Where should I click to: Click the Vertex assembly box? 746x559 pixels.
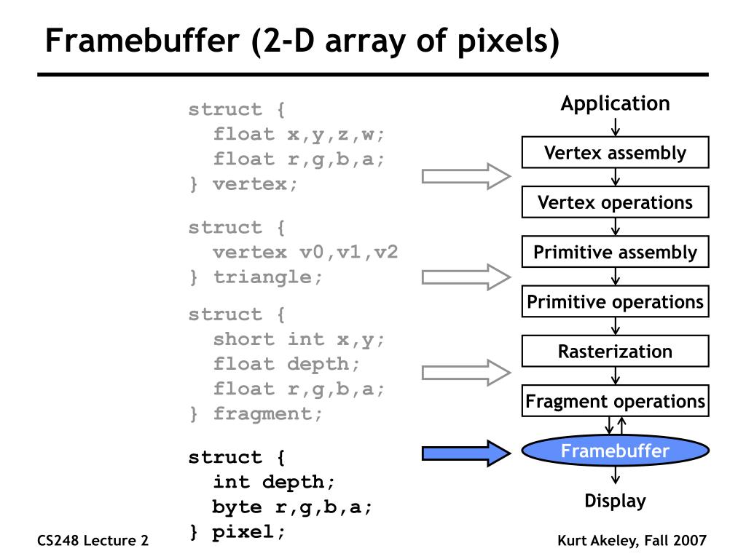tap(615, 153)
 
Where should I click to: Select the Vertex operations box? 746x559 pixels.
tap(615, 202)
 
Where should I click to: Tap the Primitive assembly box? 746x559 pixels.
tap(615, 253)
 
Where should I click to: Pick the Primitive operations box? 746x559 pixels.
tap(615, 301)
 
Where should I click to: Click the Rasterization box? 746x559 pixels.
tap(615, 352)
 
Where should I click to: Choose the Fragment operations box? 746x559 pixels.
tap(615, 401)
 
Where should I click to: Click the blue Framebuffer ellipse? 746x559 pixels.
tap(615, 451)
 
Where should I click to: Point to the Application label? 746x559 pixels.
tap(615, 104)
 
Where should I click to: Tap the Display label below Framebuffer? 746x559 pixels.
tap(615, 501)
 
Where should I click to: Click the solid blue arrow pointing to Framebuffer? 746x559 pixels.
tap(466, 453)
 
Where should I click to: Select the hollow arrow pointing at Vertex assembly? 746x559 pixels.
tap(466, 176)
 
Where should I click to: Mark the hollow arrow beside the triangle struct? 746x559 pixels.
tap(466, 277)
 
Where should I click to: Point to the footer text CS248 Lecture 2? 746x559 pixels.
tap(93, 540)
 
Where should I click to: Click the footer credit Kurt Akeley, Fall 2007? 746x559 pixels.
tap(632, 540)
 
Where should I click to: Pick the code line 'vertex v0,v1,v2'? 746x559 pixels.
tap(305, 252)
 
